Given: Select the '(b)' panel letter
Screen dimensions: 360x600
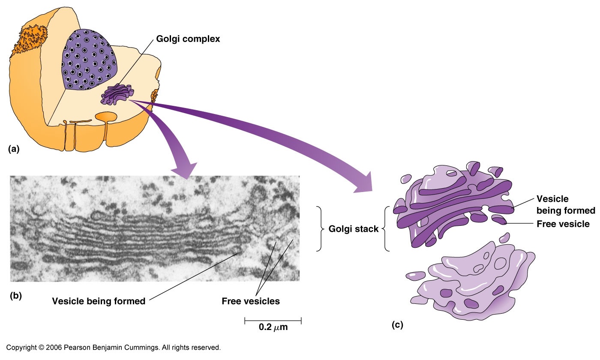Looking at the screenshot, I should [x=16, y=295].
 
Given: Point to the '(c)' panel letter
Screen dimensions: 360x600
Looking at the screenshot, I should [x=397, y=325].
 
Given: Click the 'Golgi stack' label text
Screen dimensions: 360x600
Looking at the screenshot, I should [x=354, y=229].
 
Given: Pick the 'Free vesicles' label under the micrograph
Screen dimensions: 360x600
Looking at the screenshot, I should [x=251, y=301].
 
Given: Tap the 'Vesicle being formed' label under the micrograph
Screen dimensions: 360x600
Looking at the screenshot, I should [x=99, y=301].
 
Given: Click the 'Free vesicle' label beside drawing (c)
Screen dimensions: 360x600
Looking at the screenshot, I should [x=563, y=224].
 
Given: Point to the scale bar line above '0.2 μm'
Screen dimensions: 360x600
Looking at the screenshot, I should [x=273, y=320].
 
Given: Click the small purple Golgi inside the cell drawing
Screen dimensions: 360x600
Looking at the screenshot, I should [x=117, y=95].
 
